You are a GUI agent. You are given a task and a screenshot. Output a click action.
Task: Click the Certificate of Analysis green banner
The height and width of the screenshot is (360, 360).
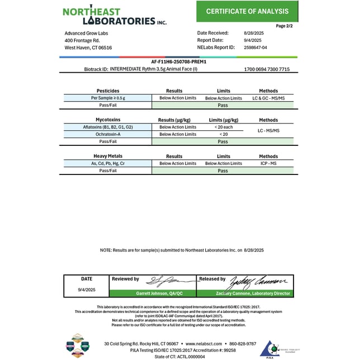click(247, 11)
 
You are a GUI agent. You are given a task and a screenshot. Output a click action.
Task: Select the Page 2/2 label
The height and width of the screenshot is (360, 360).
click(284, 26)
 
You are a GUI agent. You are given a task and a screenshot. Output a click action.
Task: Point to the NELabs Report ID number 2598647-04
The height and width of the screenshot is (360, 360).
click(256, 48)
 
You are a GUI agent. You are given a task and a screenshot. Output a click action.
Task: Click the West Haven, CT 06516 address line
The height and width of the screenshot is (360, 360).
click(88, 48)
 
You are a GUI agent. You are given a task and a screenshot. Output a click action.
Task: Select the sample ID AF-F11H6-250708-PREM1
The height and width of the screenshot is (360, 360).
click(179, 61)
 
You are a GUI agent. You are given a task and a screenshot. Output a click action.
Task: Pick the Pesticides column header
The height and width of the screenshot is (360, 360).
click(107, 91)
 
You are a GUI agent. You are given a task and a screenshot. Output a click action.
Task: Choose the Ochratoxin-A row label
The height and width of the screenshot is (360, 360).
click(107, 134)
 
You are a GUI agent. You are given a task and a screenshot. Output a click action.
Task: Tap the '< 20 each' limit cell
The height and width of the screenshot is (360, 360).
click(223, 127)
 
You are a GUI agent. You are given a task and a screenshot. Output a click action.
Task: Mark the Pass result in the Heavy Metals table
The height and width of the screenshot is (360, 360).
click(223, 170)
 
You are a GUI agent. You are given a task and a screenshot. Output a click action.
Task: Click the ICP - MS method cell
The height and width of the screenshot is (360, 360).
click(268, 163)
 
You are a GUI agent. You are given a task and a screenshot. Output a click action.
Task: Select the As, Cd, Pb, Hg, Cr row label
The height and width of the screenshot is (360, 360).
click(107, 163)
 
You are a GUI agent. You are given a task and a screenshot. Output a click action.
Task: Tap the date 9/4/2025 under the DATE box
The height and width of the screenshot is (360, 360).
click(87, 289)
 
